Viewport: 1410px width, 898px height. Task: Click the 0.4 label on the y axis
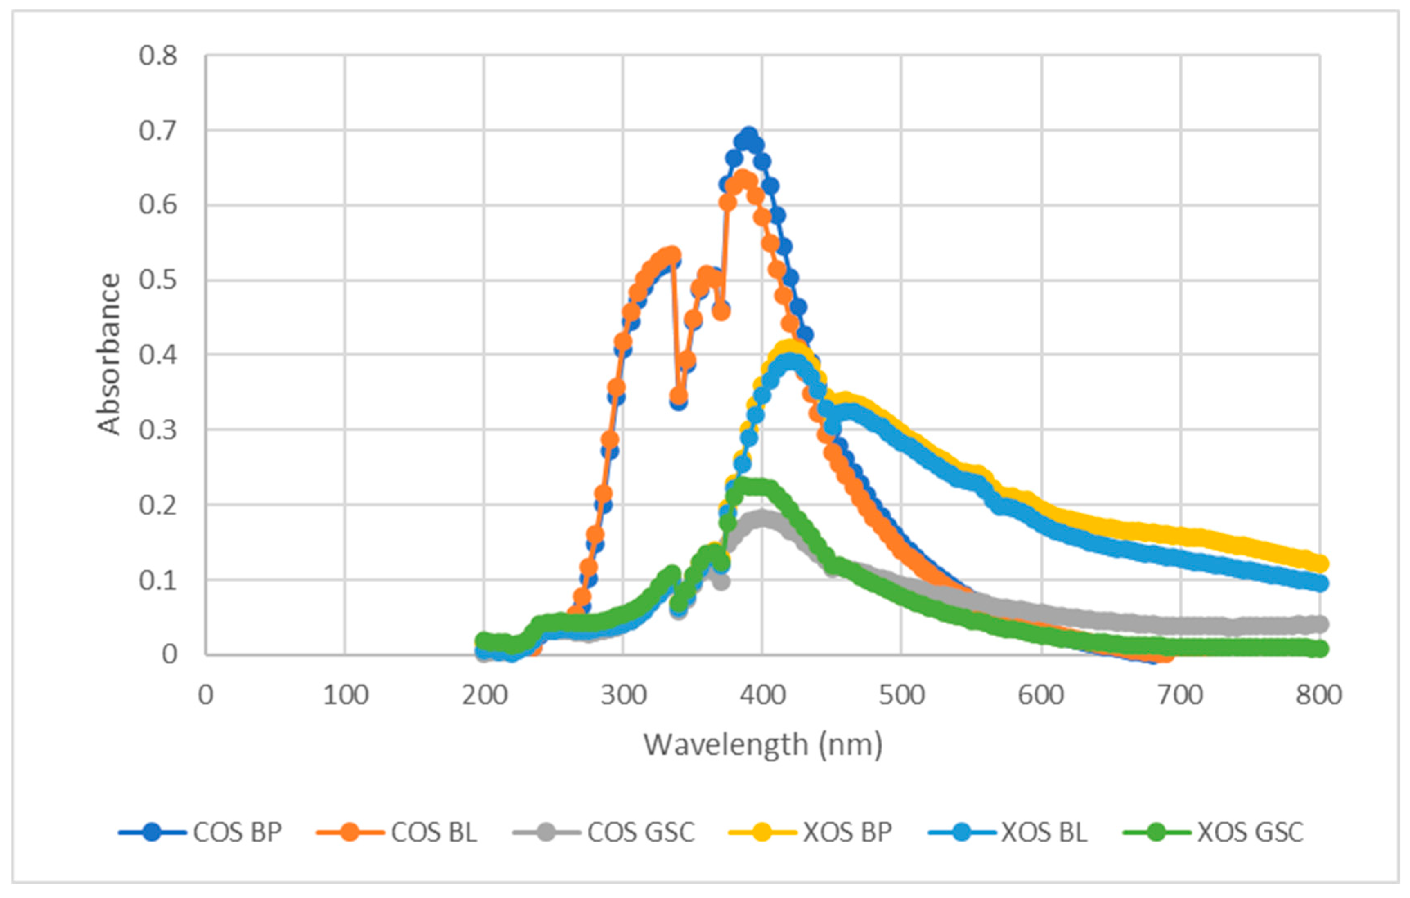[x=158, y=355]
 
